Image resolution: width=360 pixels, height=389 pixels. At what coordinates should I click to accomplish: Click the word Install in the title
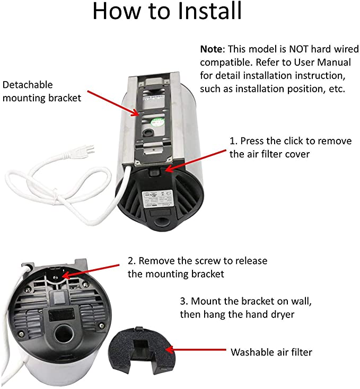tap(210, 11)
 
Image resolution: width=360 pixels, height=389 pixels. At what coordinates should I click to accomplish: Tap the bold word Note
tap(211, 49)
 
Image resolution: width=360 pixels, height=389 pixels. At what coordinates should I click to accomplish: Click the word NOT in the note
tap(298, 49)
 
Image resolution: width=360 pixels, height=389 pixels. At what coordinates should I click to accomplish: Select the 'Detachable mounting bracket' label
tap(42, 91)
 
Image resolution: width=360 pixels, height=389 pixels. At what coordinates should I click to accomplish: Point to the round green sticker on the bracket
tap(158, 121)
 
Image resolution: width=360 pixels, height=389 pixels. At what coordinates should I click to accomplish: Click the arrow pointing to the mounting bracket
tap(113, 103)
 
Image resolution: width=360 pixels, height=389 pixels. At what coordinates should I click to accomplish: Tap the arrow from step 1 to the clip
tap(196, 161)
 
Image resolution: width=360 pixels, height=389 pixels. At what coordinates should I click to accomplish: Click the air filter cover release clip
tap(154, 173)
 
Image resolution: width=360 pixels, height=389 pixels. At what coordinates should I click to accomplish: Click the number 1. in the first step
tap(233, 141)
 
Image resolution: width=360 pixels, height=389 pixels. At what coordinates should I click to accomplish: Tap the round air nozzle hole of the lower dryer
tap(64, 333)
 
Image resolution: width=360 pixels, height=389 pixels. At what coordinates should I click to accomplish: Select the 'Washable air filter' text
tap(271, 352)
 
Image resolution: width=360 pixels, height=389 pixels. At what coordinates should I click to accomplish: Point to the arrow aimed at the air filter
tap(196, 350)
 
